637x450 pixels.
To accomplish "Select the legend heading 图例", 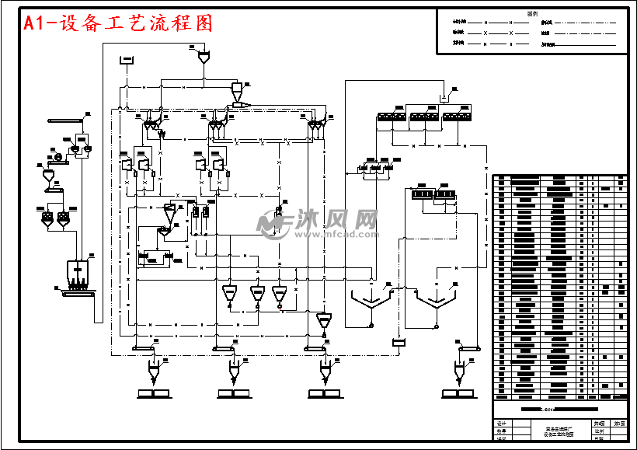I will (x=532, y=13).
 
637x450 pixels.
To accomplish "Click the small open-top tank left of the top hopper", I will (x=127, y=59).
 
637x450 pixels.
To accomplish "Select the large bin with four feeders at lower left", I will (x=80, y=271).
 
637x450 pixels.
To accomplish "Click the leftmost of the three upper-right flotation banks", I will (x=392, y=116).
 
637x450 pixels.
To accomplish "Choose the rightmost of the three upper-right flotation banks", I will (x=457, y=116).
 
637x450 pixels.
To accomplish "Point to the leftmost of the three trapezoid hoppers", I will (x=230, y=294).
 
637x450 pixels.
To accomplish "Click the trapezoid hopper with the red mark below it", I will (x=280, y=294).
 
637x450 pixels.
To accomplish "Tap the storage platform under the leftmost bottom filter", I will (x=153, y=392).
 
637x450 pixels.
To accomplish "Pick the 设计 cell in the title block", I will (x=500, y=424).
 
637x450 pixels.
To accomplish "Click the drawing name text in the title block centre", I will (x=555, y=431).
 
